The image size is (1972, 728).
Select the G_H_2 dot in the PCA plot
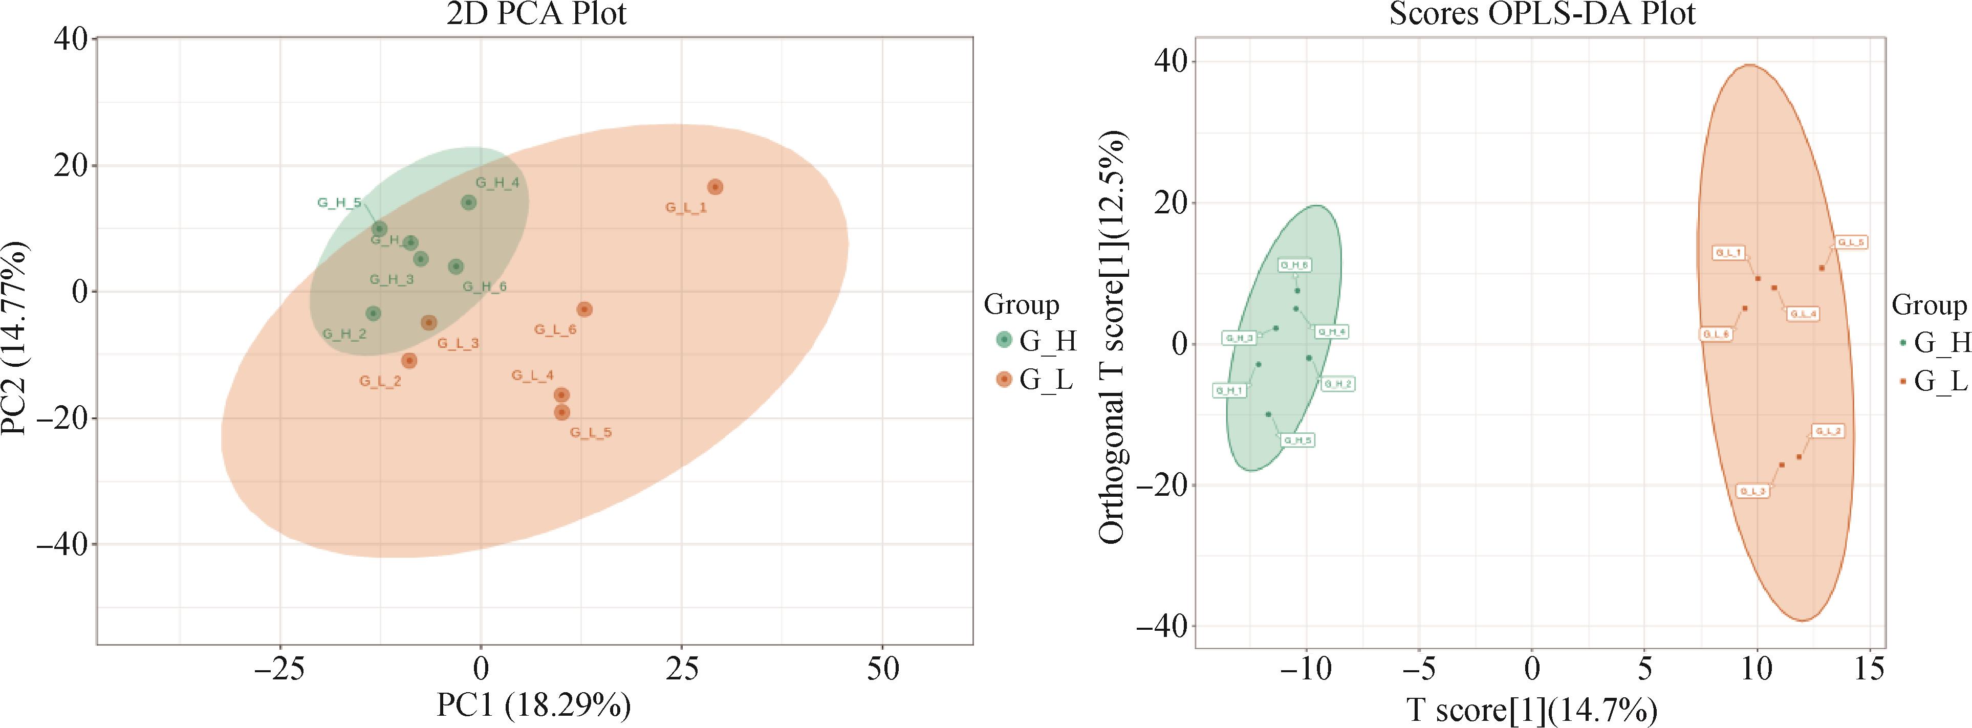pyautogui.click(x=373, y=314)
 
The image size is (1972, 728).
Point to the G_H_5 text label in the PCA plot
pyautogui.click(x=339, y=203)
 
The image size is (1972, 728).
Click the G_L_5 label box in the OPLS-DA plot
pyautogui.click(x=1850, y=242)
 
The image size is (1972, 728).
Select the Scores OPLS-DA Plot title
pyautogui.click(x=1542, y=14)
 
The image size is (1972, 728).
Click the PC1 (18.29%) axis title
pyautogui.click(x=534, y=705)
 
